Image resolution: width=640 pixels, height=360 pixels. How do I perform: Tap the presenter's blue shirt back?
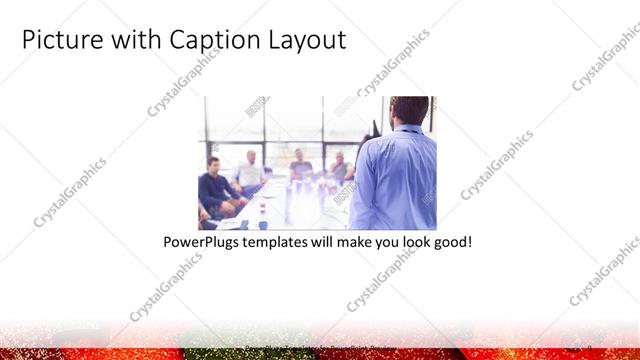coord(394,180)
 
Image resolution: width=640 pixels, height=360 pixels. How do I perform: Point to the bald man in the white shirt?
coord(249,173)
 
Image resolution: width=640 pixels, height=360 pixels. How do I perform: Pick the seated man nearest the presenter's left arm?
coord(339,170)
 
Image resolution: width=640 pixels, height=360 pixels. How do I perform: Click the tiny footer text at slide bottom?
coord(320,348)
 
